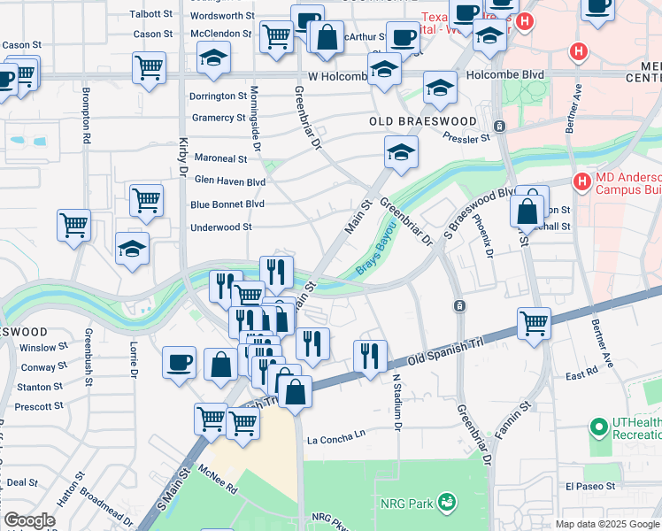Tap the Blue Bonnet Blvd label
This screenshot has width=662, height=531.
(x=227, y=204)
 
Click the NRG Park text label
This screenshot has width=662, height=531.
(x=407, y=504)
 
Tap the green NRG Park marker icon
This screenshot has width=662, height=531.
(x=449, y=504)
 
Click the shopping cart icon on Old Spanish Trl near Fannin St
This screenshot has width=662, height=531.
(x=535, y=324)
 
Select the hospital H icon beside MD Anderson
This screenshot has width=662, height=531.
(x=581, y=183)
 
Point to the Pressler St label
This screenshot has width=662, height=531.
(x=466, y=139)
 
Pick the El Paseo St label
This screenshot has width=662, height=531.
(x=590, y=486)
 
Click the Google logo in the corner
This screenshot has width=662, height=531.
(x=30, y=520)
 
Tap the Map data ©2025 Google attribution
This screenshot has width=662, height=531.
(x=606, y=524)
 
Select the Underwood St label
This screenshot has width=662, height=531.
(x=221, y=227)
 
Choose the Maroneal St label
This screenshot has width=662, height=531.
(x=220, y=158)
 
